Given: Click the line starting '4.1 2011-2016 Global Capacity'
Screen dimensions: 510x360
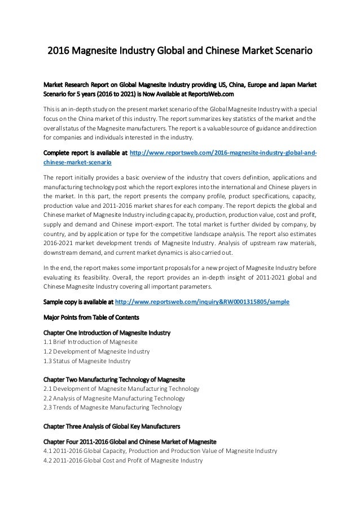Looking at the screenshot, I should click(x=160, y=451).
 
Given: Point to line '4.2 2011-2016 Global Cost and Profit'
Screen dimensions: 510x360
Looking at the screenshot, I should click(x=122, y=461).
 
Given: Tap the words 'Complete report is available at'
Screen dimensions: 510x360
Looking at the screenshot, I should click(x=85, y=152).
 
